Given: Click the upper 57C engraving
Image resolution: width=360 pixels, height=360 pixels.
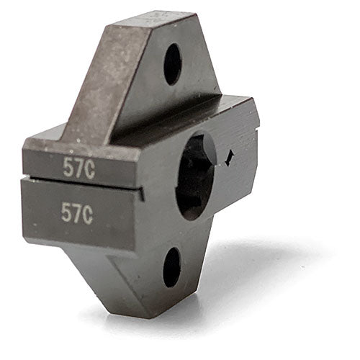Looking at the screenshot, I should tap(78, 167).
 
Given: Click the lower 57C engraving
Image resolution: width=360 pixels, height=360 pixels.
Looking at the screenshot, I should tap(77, 213).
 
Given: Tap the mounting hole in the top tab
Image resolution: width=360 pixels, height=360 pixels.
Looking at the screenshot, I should tap(172, 64).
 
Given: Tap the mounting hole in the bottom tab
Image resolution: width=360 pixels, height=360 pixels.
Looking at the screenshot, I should tap(171, 267).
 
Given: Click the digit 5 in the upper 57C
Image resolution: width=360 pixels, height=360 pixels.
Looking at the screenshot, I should tap(68, 168).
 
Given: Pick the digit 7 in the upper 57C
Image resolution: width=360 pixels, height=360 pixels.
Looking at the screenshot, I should tap(77, 167).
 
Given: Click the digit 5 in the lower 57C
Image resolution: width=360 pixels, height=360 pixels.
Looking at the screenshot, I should tap(67, 214).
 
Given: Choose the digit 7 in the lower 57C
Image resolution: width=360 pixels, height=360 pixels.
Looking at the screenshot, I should tap(77, 213).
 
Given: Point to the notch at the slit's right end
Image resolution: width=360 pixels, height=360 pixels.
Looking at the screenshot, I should tap(142, 194).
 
